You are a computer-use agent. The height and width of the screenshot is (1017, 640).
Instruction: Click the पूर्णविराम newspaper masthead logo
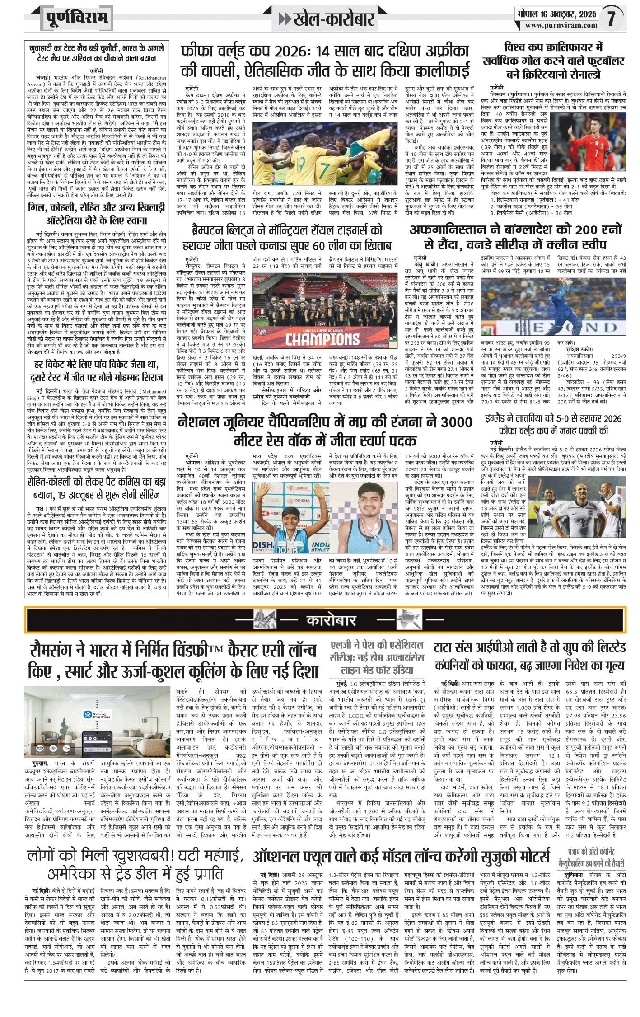[77, 18]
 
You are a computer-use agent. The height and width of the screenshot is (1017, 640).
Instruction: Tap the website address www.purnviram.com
[561, 26]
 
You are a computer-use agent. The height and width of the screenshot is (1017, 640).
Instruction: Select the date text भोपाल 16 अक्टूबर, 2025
[556, 14]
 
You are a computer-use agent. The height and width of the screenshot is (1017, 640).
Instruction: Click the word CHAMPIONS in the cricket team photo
[322, 338]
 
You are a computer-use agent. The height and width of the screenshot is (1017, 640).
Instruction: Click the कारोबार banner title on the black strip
[332, 620]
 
